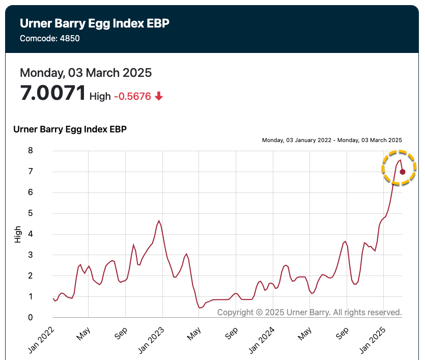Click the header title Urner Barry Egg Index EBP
pos(94,23)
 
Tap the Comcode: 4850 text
pos(50,38)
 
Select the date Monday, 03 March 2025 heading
pos(86,72)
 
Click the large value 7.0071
pos(53,93)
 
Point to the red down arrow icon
pos(159,96)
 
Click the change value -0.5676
pos(132,96)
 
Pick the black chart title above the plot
pos(70,129)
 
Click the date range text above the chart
pos(332,140)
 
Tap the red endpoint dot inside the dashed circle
pos(402,172)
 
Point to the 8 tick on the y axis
pos(31,151)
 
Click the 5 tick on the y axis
pos(31,213)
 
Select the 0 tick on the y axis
pos(31,318)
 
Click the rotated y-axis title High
pos(18,234)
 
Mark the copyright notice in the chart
pos(309,312)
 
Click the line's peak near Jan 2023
pos(159,221)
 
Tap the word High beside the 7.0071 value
pos(100,96)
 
